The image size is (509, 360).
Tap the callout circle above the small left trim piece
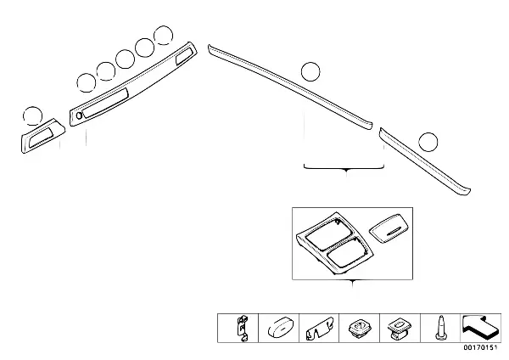pos(31,115)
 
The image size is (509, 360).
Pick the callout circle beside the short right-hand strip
pos(429,142)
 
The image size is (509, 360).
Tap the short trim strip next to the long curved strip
pos(424,162)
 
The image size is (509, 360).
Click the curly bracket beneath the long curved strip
pos(346,169)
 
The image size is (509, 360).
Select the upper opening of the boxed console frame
pos(327,231)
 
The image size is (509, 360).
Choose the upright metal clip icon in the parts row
pos(243,327)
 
